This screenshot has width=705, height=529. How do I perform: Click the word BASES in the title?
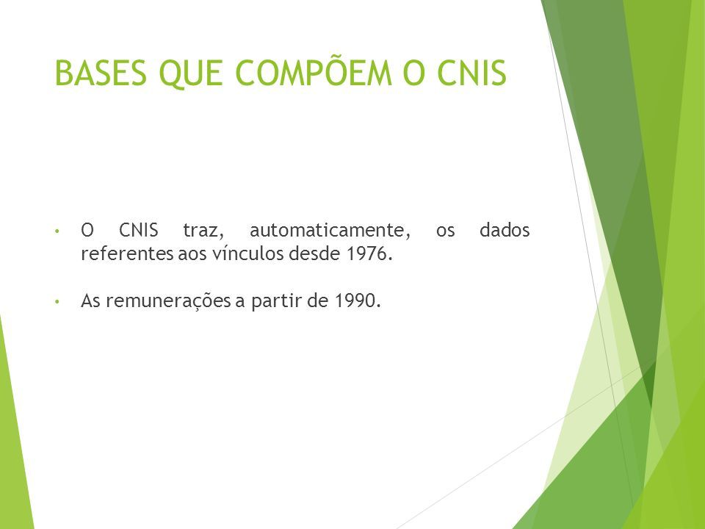pyautogui.click(x=101, y=73)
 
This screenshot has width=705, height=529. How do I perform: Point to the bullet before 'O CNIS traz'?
pyautogui.click(x=57, y=231)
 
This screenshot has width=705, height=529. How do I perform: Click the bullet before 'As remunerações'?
pyautogui.click(x=57, y=301)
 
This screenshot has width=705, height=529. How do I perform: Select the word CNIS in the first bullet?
pyautogui.click(x=139, y=230)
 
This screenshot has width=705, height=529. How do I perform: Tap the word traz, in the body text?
pyautogui.click(x=203, y=231)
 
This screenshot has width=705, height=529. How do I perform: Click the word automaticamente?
pyautogui.click(x=330, y=231)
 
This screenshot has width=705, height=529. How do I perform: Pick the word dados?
pyautogui.click(x=505, y=230)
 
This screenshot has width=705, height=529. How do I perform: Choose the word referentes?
pyautogui.click(x=127, y=254)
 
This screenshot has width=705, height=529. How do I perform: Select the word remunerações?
pyautogui.click(x=169, y=301)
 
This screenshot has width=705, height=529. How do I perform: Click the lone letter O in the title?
pyautogui.click(x=413, y=73)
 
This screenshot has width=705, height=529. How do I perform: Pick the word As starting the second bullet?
pyautogui.click(x=91, y=301)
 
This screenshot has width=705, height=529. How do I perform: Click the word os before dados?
pyautogui.click(x=445, y=232)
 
